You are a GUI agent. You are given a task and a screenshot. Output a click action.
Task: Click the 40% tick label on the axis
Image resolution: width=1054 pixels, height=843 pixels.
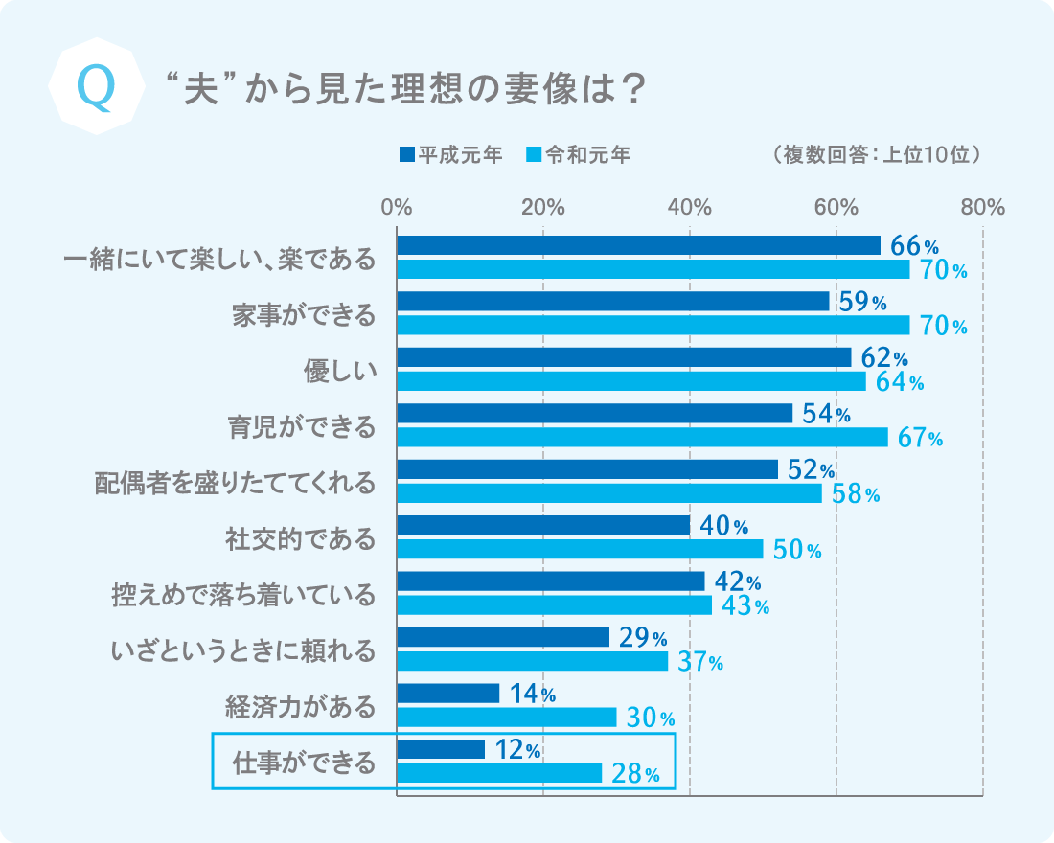689,207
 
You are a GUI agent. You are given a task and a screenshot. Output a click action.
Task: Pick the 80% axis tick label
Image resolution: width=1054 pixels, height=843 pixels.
981,207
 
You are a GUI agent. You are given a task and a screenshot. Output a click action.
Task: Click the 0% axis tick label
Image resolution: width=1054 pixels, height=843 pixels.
397,207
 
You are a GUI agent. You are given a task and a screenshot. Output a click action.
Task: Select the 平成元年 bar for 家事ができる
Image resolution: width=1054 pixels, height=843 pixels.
613,302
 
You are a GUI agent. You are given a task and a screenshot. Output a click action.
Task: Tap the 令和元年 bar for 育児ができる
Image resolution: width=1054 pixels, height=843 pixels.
642,438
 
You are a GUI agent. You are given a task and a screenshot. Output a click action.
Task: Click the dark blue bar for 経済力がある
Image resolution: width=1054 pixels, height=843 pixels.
448,693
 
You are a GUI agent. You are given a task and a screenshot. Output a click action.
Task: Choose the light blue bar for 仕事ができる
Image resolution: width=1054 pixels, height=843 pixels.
499,773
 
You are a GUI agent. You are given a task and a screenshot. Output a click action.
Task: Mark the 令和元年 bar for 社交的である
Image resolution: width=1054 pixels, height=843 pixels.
580,550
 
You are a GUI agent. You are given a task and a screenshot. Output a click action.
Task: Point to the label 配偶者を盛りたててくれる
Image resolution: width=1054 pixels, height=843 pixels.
235,482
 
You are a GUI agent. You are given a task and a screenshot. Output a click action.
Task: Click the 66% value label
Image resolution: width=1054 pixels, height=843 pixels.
914,246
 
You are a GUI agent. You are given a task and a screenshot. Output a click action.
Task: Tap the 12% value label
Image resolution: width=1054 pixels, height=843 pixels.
518,751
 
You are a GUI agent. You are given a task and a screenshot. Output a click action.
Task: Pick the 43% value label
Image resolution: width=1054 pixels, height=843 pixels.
745,606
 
